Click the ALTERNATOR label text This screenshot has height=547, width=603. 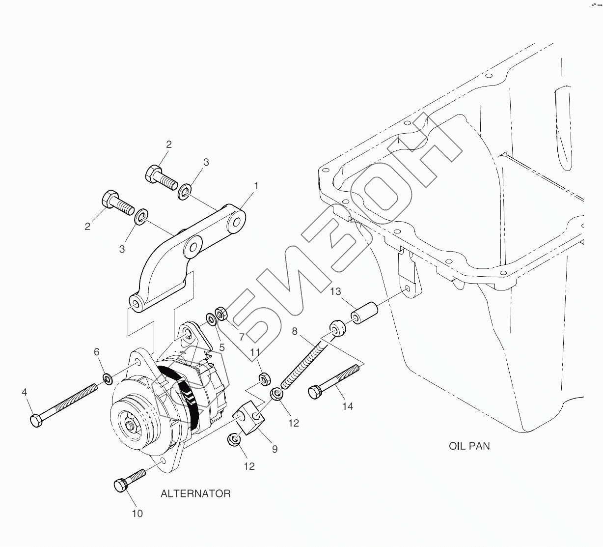tap(195, 493)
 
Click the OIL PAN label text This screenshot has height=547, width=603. tap(469, 446)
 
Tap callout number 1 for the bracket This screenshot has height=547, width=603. tap(256, 186)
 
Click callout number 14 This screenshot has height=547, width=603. tap(348, 406)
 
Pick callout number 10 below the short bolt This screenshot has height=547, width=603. tap(137, 513)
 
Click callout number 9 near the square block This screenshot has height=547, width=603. tap(274, 448)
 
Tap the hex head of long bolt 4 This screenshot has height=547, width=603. tap(36, 421)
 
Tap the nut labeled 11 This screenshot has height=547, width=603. tap(263, 378)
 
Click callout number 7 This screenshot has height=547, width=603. tap(242, 337)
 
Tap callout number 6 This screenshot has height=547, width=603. tap(97, 352)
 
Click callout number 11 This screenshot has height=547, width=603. tap(255, 352)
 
